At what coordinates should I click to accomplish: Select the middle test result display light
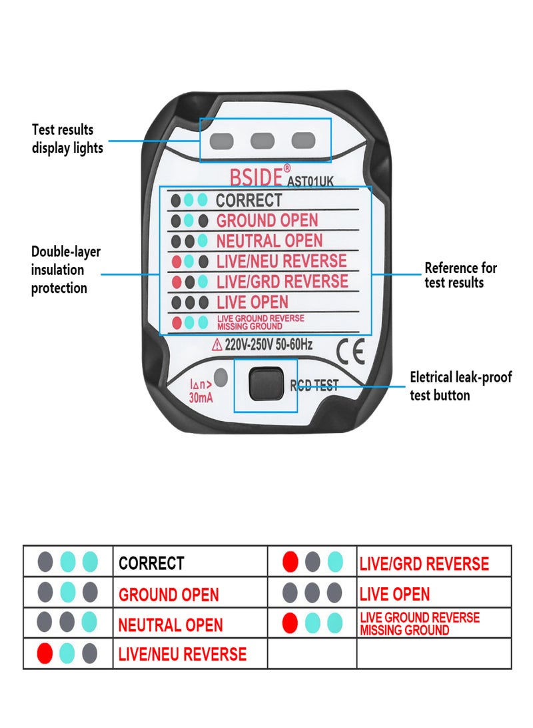[263, 141]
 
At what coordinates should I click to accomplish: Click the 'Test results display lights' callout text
[67, 139]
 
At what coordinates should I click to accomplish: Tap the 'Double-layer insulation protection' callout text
[65, 270]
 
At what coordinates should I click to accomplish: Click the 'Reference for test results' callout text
[461, 275]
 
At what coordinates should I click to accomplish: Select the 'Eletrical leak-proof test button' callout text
[460, 386]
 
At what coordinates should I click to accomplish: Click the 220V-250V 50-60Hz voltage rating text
[269, 345]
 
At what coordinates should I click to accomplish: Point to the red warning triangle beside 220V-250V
[217, 345]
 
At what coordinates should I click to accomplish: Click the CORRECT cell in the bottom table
[151, 563]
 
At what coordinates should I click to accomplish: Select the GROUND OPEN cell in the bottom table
[169, 594]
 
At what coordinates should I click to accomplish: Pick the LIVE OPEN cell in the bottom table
[394, 594]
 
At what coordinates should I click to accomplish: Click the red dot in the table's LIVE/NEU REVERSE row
[45, 653]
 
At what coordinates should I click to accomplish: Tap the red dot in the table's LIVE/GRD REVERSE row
[290, 563]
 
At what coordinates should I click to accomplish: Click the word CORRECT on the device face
[249, 200]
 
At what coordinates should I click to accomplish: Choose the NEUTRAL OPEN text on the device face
[269, 241]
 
